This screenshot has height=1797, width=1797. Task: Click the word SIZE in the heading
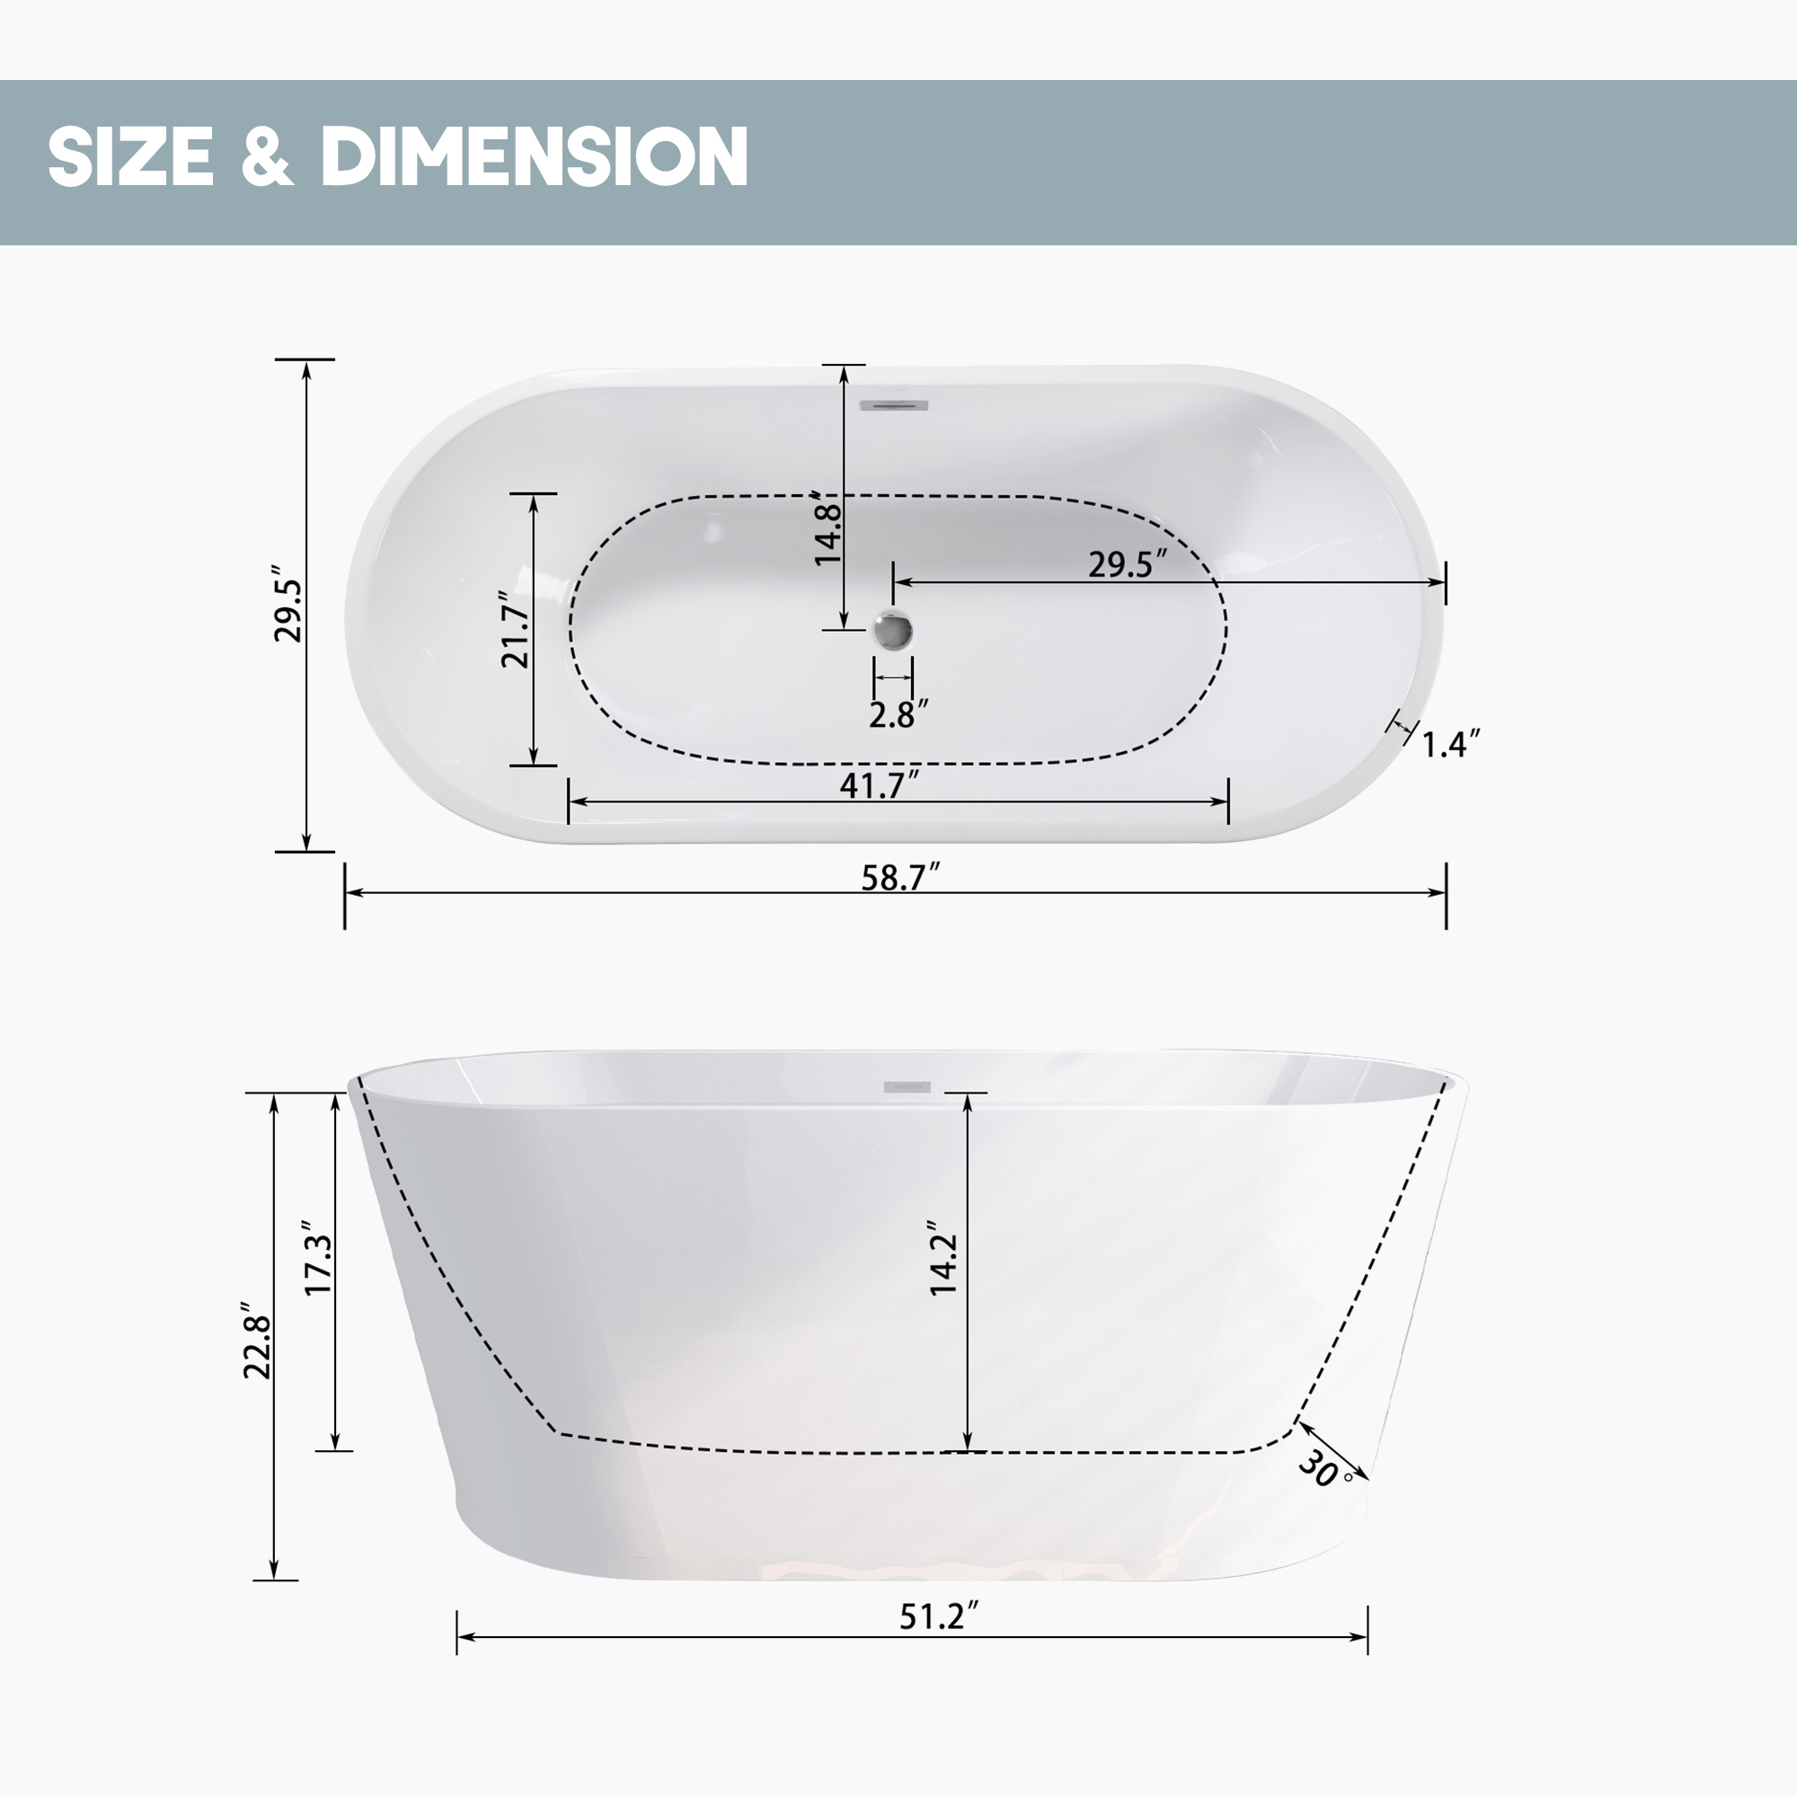point(131,155)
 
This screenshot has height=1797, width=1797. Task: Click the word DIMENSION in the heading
point(534,155)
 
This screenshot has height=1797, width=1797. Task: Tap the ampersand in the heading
point(267,155)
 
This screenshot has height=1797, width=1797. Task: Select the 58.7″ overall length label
point(900,876)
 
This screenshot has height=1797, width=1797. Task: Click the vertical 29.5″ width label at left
point(289,604)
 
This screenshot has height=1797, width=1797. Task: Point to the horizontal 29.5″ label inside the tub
point(1128,563)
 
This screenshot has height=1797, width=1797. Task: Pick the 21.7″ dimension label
point(515,630)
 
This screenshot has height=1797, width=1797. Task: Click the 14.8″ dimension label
point(827,530)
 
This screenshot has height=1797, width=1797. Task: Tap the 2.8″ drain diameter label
point(898,714)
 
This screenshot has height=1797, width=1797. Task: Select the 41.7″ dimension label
point(879,785)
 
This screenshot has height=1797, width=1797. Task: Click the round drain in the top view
point(894,631)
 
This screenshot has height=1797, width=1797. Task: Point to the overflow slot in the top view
point(894,404)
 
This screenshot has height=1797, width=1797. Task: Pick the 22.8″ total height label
point(258,1341)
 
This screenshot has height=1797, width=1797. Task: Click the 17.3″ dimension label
point(319,1260)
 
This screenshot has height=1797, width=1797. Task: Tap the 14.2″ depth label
point(944,1261)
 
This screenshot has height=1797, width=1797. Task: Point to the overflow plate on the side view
point(907,1086)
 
